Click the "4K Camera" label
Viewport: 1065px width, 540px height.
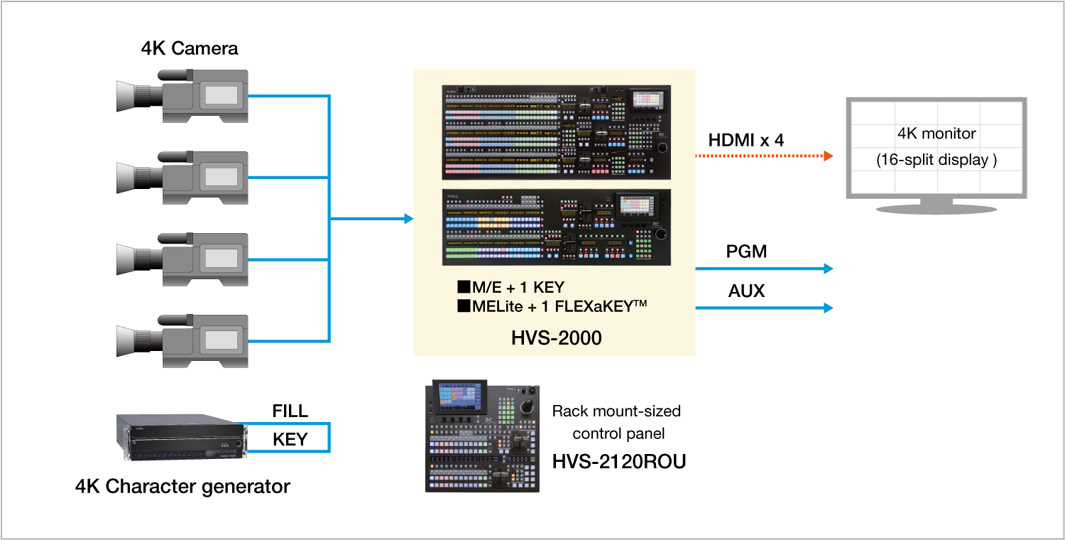tap(189, 48)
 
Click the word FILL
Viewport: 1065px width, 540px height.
tap(290, 411)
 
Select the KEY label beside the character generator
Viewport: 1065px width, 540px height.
tap(290, 440)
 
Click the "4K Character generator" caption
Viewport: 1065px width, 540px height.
tap(182, 487)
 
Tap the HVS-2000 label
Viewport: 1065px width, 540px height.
tap(556, 338)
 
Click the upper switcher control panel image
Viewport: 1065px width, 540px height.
tap(556, 133)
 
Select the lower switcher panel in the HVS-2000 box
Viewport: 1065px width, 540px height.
tap(556, 227)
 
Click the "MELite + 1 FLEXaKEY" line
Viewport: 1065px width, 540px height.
tap(552, 306)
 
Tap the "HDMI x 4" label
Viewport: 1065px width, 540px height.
tap(746, 140)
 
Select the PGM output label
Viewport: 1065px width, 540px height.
tap(746, 252)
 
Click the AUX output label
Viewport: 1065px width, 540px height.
tap(746, 291)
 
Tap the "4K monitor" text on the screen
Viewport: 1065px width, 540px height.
tap(936, 134)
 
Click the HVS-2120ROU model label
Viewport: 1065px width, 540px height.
tap(619, 463)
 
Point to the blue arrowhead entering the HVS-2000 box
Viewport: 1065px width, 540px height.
tap(408, 219)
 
